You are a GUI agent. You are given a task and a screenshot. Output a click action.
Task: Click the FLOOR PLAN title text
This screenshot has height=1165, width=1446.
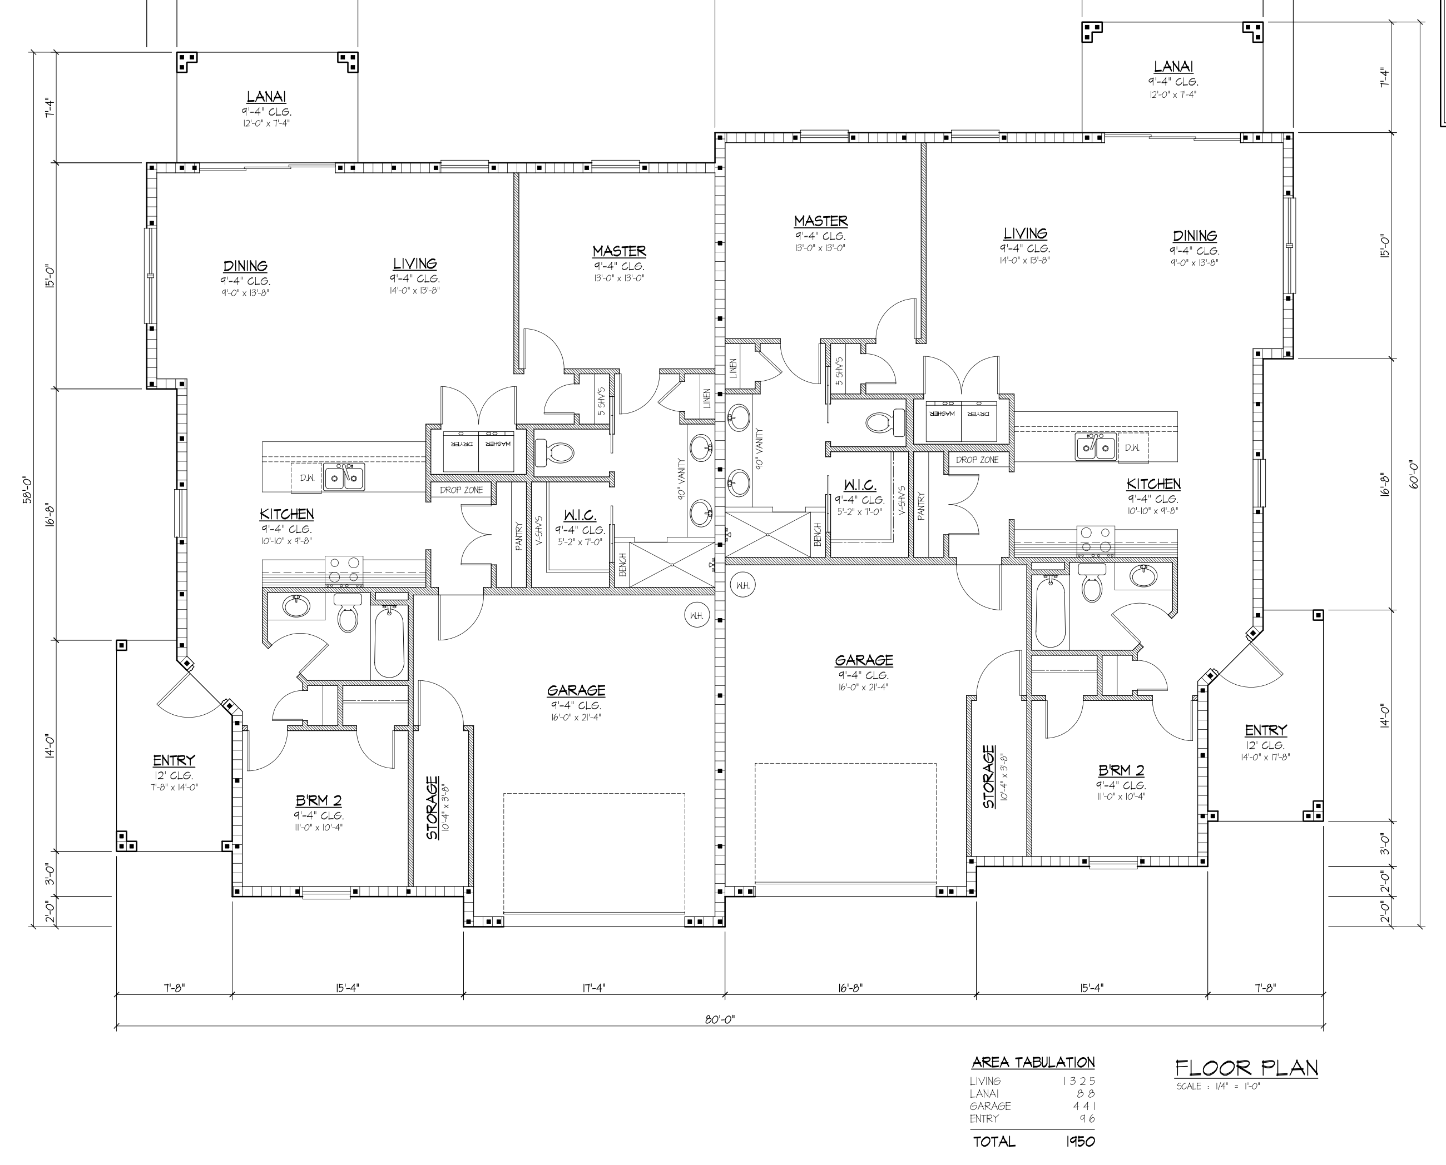pyautogui.click(x=1246, y=1068)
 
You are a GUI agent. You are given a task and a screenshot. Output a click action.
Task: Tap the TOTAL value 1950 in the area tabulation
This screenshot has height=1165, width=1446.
pyautogui.click(x=1080, y=1142)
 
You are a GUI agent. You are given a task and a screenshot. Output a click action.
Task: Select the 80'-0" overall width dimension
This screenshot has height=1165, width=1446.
pyautogui.click(x=720, y=1019)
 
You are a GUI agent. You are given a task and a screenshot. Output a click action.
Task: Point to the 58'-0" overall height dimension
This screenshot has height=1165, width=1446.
pyautogui.click(x=27, y=490)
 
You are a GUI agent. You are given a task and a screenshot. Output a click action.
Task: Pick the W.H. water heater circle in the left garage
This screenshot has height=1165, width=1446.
pyautogui.click(x=697, y=615)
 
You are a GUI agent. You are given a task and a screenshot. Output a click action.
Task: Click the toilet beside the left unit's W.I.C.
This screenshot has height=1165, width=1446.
pyautogui.click(x=554, y=453)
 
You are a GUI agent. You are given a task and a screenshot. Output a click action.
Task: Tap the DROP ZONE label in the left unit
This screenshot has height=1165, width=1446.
pyautogui.click(x=461, y=490)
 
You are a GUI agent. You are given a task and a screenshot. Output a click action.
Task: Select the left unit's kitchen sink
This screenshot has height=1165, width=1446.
pyautogui.click(x=344, y=478)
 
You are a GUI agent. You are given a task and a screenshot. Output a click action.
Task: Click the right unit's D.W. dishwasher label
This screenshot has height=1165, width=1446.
pyautogui.click(x=1132, y=447)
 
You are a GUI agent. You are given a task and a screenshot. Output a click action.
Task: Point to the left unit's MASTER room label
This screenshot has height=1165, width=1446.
pyautogui.click(x=619, y=251)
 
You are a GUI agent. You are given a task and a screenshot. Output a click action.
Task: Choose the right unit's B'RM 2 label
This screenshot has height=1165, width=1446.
pyautogui.click(x=1121, y=770)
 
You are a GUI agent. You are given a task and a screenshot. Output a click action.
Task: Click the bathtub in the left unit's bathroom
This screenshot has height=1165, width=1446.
pyautogui.click(x=389, y=641)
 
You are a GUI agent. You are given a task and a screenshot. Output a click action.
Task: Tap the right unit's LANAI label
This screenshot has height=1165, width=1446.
pyautogui.click(x=1173, y=67)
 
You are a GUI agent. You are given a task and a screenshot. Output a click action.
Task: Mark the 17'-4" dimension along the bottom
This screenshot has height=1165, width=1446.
pyautogui.click(x=593, y=988)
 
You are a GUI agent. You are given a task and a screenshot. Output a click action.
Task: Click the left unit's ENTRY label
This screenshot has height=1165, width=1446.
pyautogui.click(x=174, y=760)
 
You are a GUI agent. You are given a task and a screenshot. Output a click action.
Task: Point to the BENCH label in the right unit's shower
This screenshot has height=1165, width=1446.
pyautogui.click(x=818, y=534)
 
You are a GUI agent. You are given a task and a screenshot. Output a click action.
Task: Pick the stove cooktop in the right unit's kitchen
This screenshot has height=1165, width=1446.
pyautogui.click(x=1096, y=541)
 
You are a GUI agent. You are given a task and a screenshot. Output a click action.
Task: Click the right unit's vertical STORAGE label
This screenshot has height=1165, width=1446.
pyautogui.click(x=989, y=777)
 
